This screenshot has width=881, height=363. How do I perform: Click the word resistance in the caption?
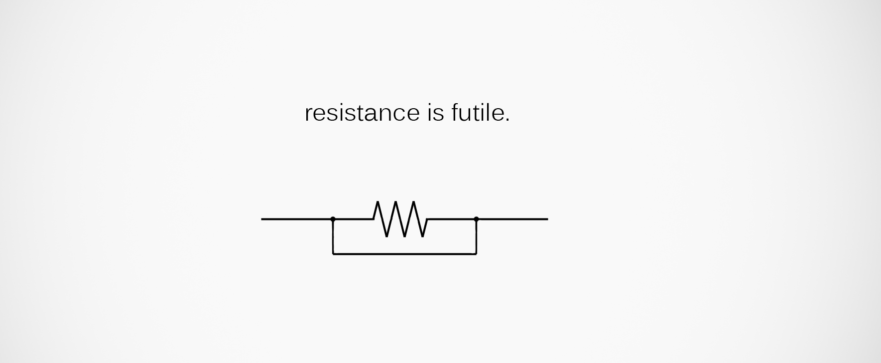[362, 113]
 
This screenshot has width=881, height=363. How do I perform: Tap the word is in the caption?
[435, 113]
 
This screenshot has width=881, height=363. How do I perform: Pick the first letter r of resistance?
[308, 115]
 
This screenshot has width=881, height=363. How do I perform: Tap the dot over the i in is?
[429, 105]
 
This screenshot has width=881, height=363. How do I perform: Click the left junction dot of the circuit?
[333, 219]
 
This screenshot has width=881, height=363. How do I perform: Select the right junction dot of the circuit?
[476, 219]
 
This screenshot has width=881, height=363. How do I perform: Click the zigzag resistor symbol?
[400, 219]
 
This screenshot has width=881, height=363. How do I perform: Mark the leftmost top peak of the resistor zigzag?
[378, 202]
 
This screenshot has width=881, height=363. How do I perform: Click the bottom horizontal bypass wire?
[404, 254]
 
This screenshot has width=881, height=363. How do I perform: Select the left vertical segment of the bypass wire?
[333, 237]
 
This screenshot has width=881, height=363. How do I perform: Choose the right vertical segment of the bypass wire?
[476, 237]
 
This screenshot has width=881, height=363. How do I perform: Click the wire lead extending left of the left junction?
[297, 219]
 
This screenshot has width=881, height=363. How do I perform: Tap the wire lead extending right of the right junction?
[512, 219]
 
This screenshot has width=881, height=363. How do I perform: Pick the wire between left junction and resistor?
[353, 219]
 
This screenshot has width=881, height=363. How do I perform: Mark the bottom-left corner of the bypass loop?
[333, 254]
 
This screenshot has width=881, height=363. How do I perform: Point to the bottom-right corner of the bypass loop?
[476, 254]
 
